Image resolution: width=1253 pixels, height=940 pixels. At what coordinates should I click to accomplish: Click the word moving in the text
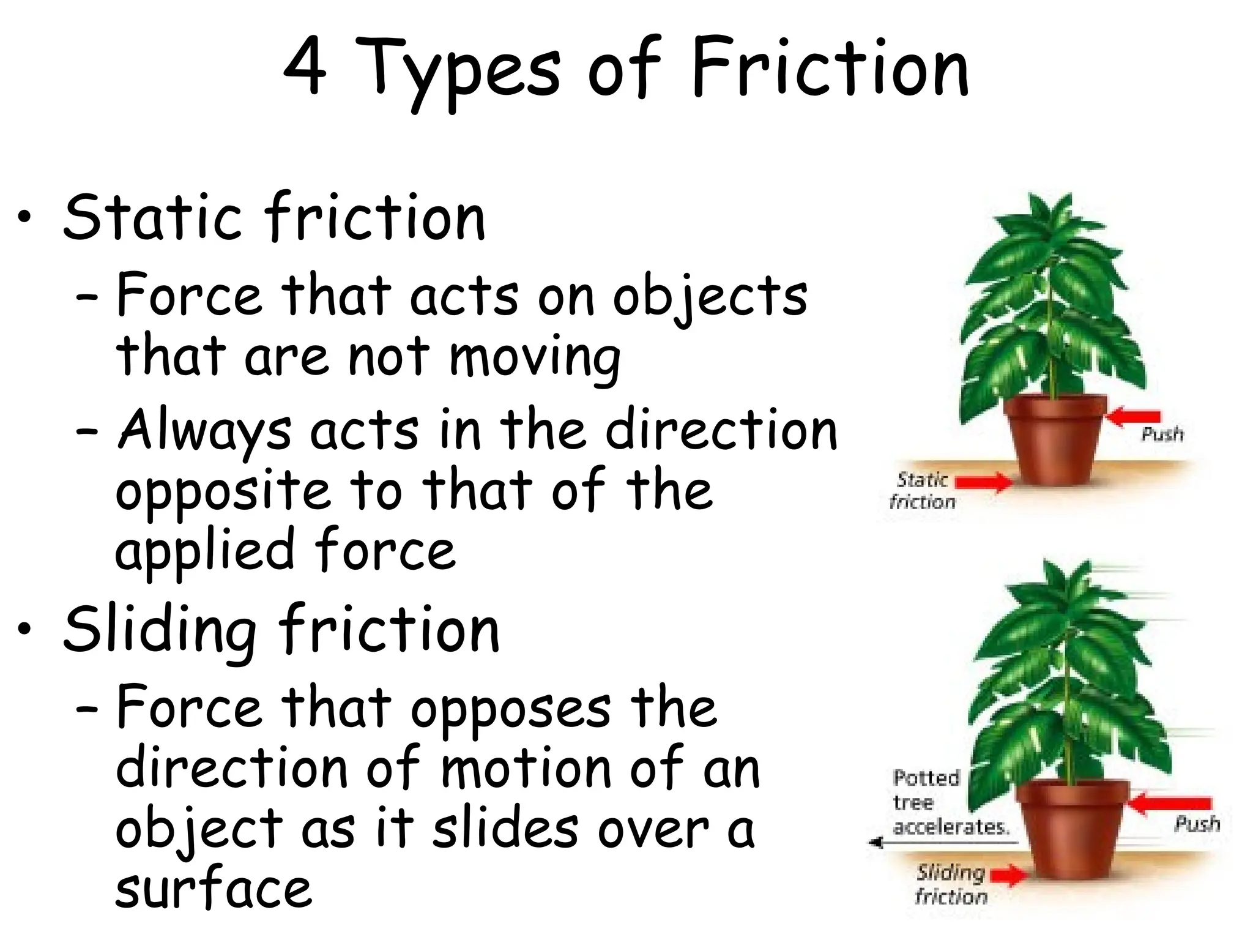535,358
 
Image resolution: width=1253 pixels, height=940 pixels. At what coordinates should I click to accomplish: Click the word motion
526,769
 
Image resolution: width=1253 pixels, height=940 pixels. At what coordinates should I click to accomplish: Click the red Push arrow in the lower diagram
1169,803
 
